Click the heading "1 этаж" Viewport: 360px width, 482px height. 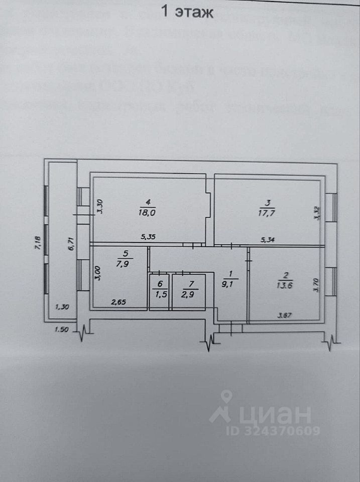click(x=187, y=12)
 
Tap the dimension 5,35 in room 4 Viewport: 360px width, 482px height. click(x=148, y=238)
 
